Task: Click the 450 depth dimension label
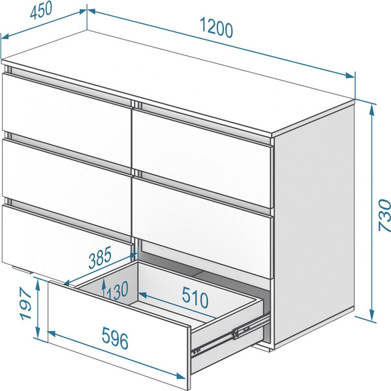click(41, 10)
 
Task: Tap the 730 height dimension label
click(384, 215)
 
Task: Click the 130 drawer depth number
click(117, 291)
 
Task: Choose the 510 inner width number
click(195, 297)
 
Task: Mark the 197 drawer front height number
click(25, 303)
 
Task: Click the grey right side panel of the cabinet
click(314, 224)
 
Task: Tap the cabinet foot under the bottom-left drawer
click(22, 270)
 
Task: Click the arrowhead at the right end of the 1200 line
click(350, 76)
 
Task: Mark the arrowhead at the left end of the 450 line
click(5, 36)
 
